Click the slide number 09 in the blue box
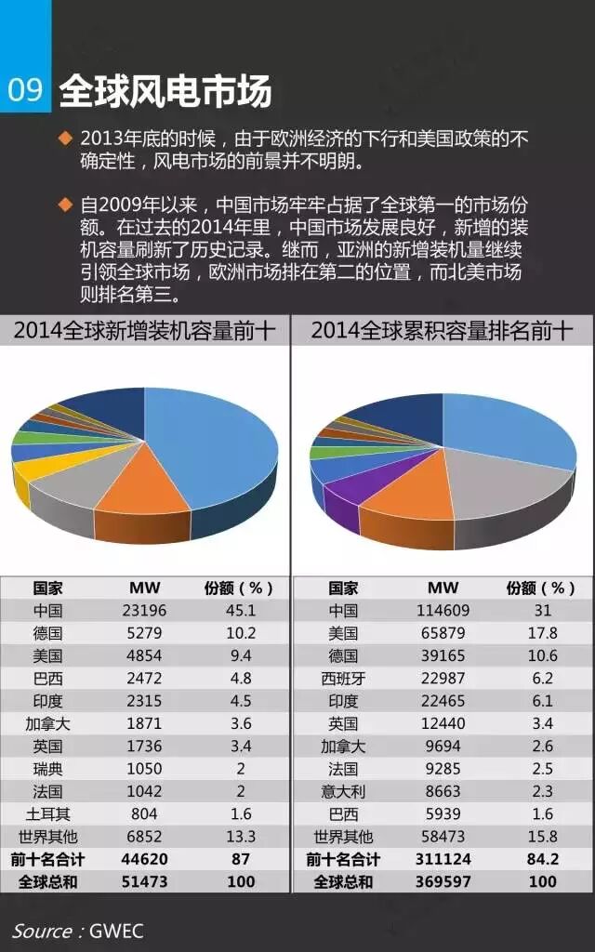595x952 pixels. point(25,90)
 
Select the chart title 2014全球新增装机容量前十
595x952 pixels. point(144,331)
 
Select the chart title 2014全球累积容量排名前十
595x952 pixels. point(442,331)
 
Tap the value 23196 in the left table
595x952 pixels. point(141,611)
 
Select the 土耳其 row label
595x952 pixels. point(46,813)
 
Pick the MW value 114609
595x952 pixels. point(443,611)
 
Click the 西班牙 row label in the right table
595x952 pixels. point(343,678)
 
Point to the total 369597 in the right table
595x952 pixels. point(443,880)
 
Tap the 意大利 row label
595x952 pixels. point(343,790)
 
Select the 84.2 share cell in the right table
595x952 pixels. point(542,858)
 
